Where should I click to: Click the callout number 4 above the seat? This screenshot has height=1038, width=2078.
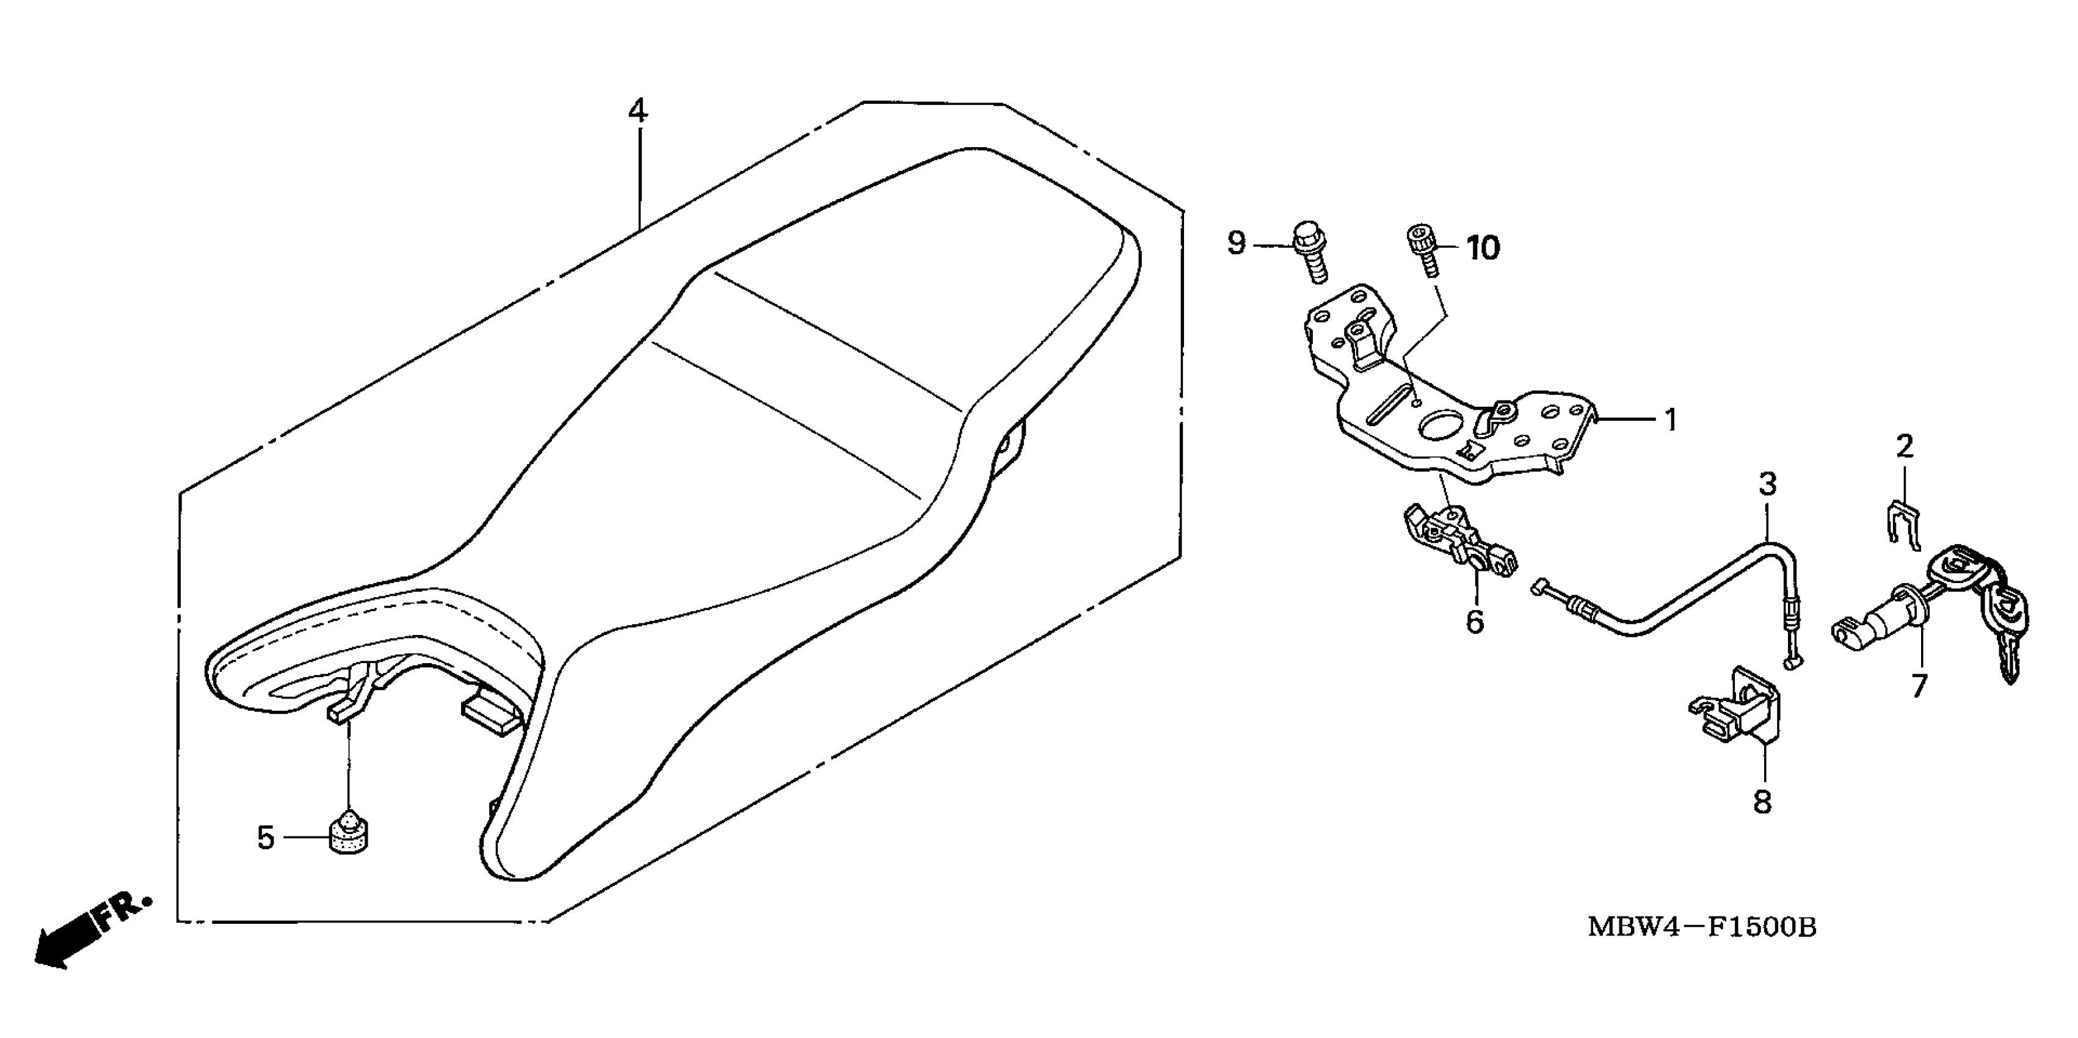click(638, 111)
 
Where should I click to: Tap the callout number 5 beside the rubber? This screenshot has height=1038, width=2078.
click(266, 838)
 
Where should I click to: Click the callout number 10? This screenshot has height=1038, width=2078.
click(1483, 249)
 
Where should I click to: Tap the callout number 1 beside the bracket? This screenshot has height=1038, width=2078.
click(1671, 419)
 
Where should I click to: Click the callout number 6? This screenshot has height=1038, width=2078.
click(1475, 622)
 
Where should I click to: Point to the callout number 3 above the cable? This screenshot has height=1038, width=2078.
click(1767, 485)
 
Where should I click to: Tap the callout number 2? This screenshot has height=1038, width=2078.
click(1905, 446)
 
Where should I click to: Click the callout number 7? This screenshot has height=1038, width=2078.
click(1920, 686)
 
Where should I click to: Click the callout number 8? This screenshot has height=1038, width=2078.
click(1762, 802)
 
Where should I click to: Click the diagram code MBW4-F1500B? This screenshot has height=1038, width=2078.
click(1702, 927)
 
